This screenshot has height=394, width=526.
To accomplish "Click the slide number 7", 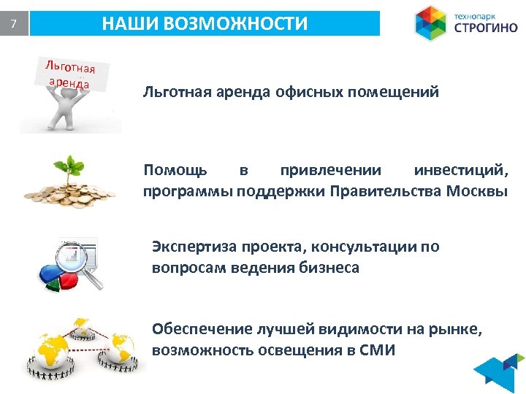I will (13, 25).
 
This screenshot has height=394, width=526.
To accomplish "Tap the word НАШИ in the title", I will (131, 23).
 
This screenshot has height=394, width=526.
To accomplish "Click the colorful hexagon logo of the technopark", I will (431, 23).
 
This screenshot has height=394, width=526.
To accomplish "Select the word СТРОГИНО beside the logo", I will (486, 28).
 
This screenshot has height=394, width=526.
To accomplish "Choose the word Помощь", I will (175, 171).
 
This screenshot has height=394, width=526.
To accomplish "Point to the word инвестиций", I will (460, 171).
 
